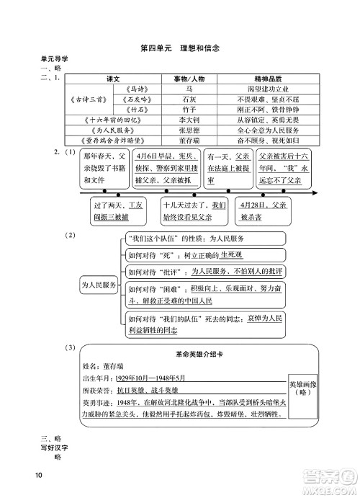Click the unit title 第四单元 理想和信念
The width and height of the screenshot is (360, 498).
[180, 49]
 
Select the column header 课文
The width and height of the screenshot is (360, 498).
[112, 77]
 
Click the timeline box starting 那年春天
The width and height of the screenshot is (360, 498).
[102, 168]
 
